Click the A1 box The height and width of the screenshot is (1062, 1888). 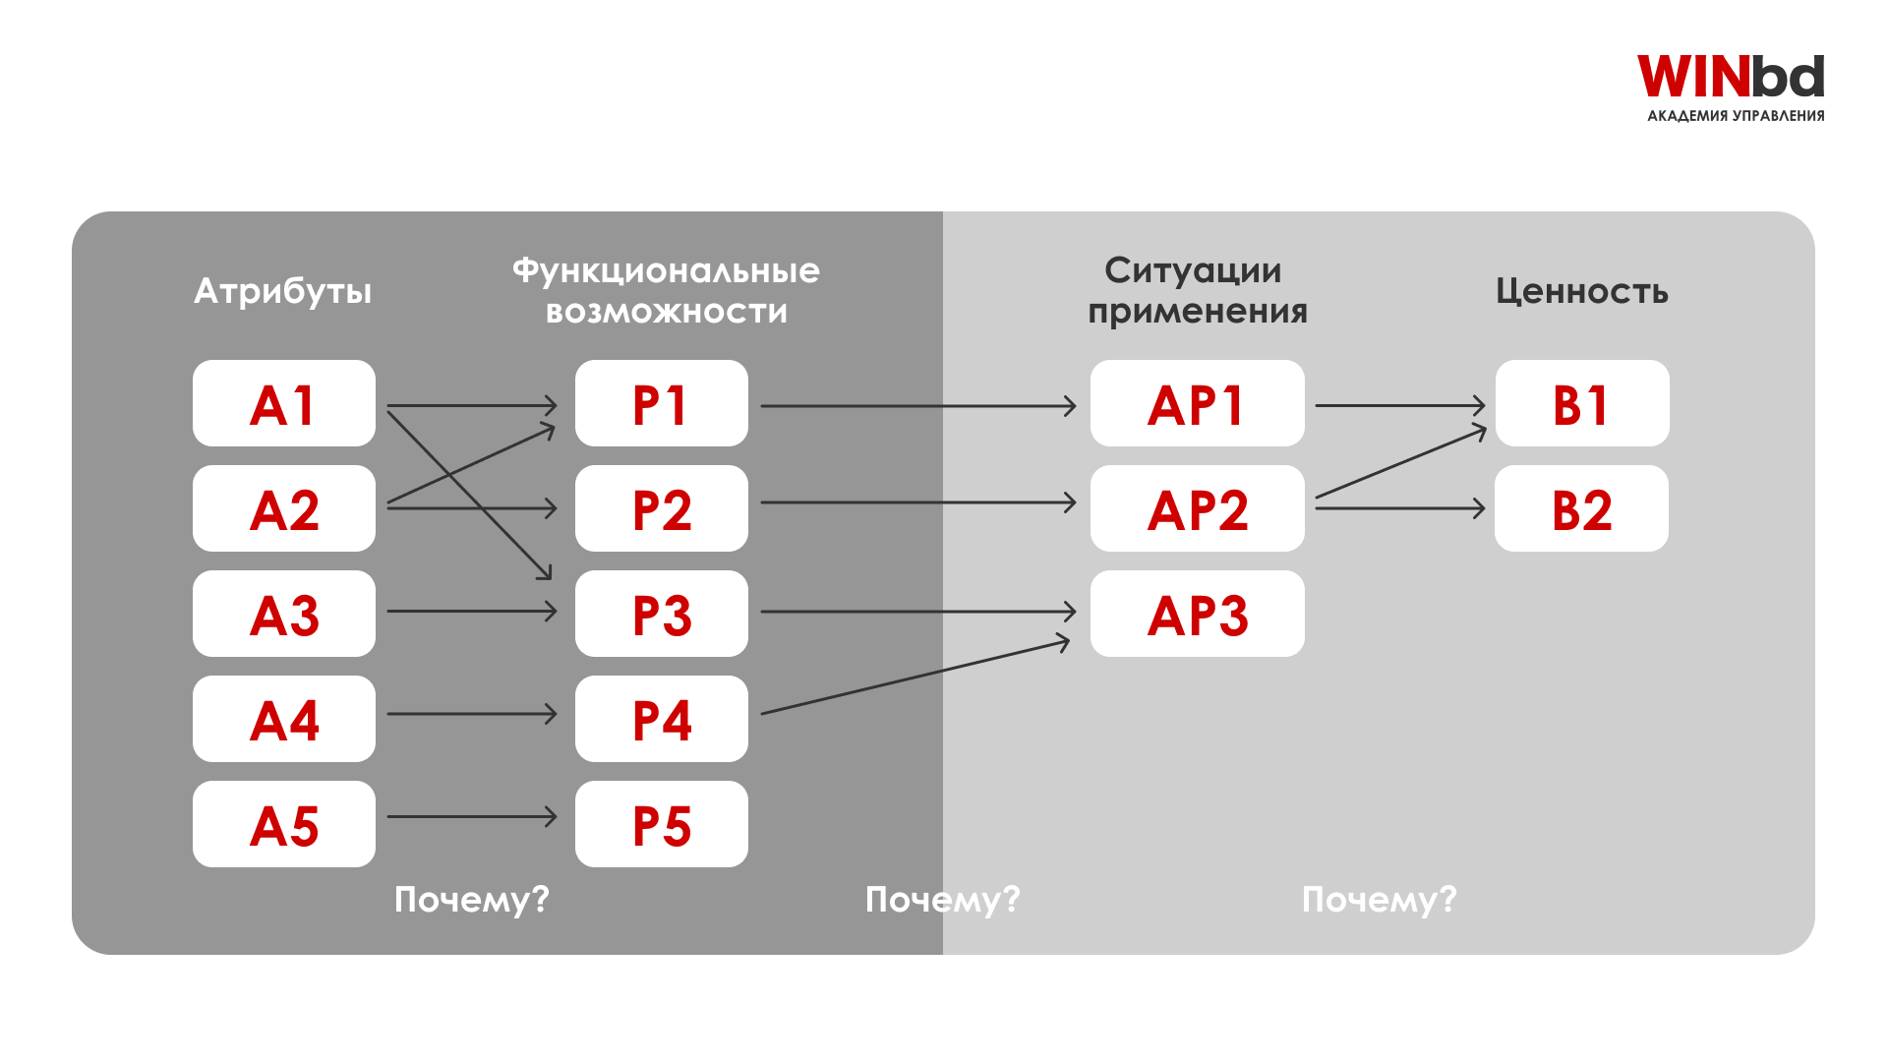(283, 403)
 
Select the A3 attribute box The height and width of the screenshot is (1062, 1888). (283, 614)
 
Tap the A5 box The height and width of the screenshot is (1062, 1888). (283, 824)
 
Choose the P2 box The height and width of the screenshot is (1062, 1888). (661, 508)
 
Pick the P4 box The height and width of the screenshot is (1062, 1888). (661, 719)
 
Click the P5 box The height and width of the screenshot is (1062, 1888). (661, 824)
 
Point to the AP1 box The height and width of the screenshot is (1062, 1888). (1197, 403)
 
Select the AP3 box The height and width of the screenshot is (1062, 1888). (1197, 614)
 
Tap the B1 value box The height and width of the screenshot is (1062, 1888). (1581, 403)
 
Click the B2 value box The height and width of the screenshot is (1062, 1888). (1581, 508)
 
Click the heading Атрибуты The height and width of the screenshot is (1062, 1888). (283, 291)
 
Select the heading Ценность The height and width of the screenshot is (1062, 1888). (1581, 291)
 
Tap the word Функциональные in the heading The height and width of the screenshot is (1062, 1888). (666, 270)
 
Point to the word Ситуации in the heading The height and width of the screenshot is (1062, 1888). (1192, 270)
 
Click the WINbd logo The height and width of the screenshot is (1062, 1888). (1730, 77)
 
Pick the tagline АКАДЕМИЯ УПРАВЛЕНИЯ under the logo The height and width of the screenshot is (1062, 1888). (1736, 116)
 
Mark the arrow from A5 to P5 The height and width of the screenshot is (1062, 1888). (472, 816)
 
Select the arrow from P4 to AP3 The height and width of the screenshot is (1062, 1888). (914, 678)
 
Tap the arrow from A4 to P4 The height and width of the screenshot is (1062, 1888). (472, 714)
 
